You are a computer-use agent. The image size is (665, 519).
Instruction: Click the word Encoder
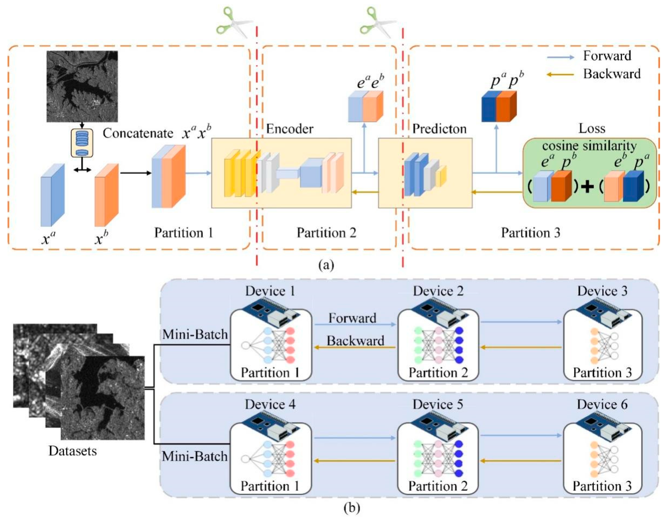coord(290,129)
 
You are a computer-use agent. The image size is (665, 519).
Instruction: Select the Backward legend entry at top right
coord(611,74)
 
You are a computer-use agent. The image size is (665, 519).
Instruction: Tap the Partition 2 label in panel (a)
coord(326,233)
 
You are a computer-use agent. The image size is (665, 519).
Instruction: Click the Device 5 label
coord(438,404)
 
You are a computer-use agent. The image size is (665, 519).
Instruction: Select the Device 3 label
coord(602,291)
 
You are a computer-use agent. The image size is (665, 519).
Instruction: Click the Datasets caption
coord(73,451)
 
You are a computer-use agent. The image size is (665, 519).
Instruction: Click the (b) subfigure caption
coord(352,508)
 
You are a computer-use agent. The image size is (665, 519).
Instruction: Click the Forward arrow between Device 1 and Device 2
coord(355,325)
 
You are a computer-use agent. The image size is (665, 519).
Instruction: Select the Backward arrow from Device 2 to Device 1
coord(355,347)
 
